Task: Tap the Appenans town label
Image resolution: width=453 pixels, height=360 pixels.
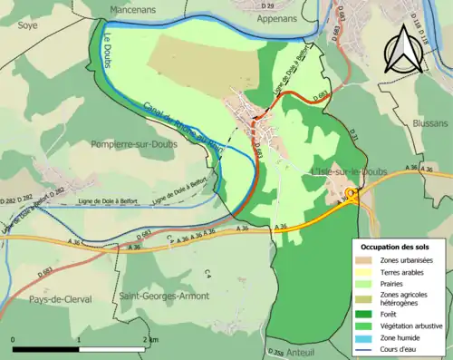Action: click(277, 16)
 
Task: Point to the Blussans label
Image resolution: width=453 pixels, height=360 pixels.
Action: click(427, 122)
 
